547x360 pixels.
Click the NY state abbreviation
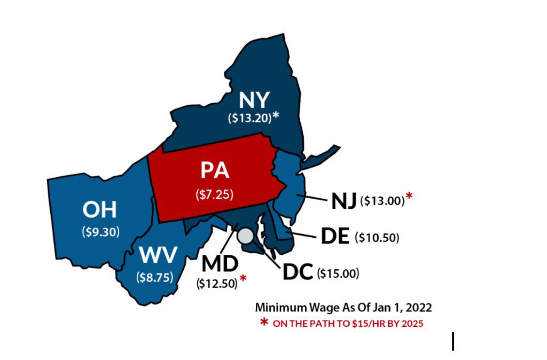tap(254, 100)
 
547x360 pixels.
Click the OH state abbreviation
tap(99, 210)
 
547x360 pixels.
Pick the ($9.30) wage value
tap(100, 232)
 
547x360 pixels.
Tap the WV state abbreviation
tap(158, 256)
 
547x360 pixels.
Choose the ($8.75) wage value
tap(155, 277)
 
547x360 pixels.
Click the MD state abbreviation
tap(220, 264)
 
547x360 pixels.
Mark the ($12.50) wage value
tap(217, 284)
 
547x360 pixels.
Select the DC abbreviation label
tap(297, 272)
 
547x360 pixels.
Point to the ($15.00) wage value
tap(338, 273)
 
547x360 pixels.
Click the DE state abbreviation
tap(335, 236)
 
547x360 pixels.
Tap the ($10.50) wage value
tap(377, 238)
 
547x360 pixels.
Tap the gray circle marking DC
tap(246, 237)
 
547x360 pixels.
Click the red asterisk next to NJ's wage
tap(409, 197)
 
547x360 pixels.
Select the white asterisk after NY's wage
tap(276, 115)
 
